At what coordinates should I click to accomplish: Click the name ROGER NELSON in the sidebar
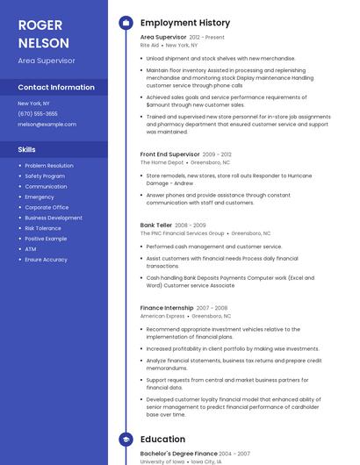[40, 32]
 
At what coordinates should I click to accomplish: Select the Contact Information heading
[56, 88]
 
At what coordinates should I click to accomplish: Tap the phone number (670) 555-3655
[38, 114]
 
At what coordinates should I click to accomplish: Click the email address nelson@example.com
[47, 125]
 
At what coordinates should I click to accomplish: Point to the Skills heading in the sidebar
[26, 149]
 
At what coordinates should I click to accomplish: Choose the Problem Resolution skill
[49, 166]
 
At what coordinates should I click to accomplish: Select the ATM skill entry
[31, 249]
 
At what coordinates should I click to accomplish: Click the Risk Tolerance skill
[43, 228]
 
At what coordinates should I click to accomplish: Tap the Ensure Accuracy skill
[46, 260]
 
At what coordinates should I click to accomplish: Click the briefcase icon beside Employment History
[125, 22]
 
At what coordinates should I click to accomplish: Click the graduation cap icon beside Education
[125, 440]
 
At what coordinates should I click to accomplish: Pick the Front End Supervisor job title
[170, 154]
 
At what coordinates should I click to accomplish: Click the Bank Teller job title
[156, 225]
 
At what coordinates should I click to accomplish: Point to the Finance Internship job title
[167, 308]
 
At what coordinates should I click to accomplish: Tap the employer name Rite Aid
[150, 45]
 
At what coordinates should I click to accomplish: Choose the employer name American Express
[162, 316]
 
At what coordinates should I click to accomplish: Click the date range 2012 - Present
[206, 38]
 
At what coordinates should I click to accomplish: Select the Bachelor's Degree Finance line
[178, 454]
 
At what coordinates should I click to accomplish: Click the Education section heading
[162, 440]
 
